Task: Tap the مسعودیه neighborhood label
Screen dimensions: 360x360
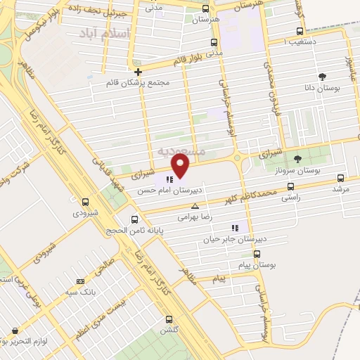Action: tap(181, 150)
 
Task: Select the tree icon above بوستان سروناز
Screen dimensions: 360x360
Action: tap(297, 158)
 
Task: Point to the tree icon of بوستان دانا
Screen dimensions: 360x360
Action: tap(323, 77)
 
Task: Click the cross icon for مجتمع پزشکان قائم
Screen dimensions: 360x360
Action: tap(138, 72)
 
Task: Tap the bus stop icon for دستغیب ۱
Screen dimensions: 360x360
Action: tap(300, 32)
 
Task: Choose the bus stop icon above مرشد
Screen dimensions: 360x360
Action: tap(341, 179)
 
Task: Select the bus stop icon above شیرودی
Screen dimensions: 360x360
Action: tap(85, 202)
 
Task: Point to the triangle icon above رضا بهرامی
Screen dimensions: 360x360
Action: tap(195, 206)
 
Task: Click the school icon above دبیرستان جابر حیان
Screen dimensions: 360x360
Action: tap(235, 227)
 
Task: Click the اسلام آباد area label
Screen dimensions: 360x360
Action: tap(105, 33)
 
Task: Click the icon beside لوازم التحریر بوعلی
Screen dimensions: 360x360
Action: tap(14, 330)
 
